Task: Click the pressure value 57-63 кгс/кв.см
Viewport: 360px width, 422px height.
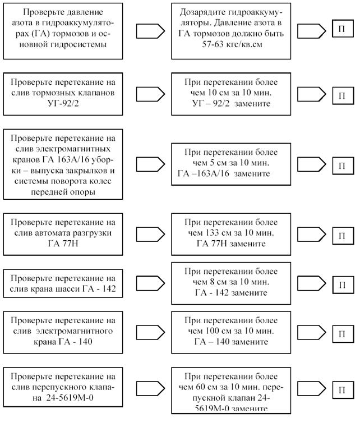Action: click(x=232, y=44)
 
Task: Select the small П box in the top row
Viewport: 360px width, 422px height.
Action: click(x=343, y=28)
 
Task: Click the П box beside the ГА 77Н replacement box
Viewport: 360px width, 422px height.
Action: click(x=343, y=236)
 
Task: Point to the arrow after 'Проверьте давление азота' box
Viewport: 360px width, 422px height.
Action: click(x=150, y=31)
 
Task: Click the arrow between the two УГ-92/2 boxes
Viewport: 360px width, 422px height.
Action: click(x=150, y=94)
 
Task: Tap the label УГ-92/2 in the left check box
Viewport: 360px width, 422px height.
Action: click(x=63, y=103)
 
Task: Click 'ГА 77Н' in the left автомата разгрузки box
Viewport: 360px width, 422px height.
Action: click(x=63, y=244)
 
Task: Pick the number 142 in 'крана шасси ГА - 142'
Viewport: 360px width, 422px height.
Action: click(x=109, y=288)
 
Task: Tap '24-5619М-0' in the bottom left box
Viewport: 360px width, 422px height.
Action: click(x=70, y=397)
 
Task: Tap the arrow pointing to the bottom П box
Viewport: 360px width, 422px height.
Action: click(x=311, y=388)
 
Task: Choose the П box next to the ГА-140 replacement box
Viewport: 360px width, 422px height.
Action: click(x=343, y=334)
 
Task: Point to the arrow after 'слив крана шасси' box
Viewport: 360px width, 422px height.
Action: click(x=150, y=283)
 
